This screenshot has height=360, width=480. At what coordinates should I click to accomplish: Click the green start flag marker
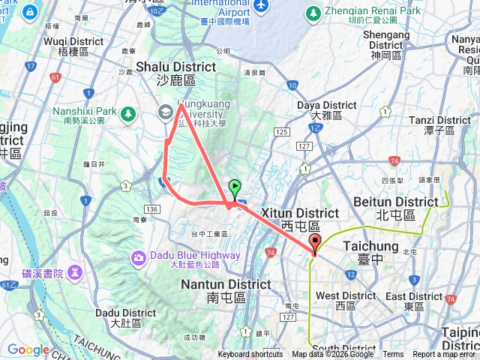235,188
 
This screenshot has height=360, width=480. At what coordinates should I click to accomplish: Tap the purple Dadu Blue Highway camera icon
139,258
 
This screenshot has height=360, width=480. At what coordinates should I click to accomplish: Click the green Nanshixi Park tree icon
128,113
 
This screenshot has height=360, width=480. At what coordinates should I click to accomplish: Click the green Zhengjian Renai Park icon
313,12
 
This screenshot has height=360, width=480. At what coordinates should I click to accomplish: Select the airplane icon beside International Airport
262,5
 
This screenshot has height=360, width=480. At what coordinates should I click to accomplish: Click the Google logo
28,349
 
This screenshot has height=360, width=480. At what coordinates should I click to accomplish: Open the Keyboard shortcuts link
250,355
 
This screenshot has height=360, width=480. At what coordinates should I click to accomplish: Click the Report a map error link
444,355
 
